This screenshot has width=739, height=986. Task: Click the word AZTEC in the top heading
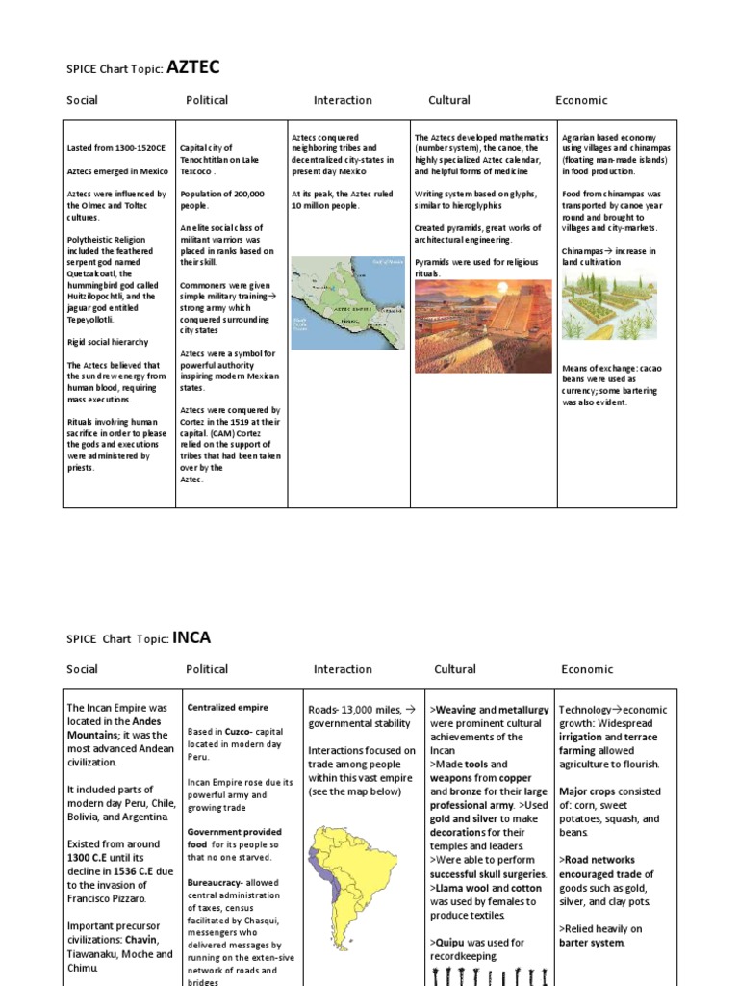194,66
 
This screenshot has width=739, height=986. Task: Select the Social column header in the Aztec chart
82,100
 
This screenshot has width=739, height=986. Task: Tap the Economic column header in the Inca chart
587,669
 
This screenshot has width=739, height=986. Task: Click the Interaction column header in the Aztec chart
343,100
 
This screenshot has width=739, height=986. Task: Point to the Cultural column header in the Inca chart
455,669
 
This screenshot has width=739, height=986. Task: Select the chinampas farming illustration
611,309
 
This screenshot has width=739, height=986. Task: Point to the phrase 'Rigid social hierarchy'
108,342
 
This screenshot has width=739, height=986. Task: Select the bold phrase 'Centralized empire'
228,708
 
